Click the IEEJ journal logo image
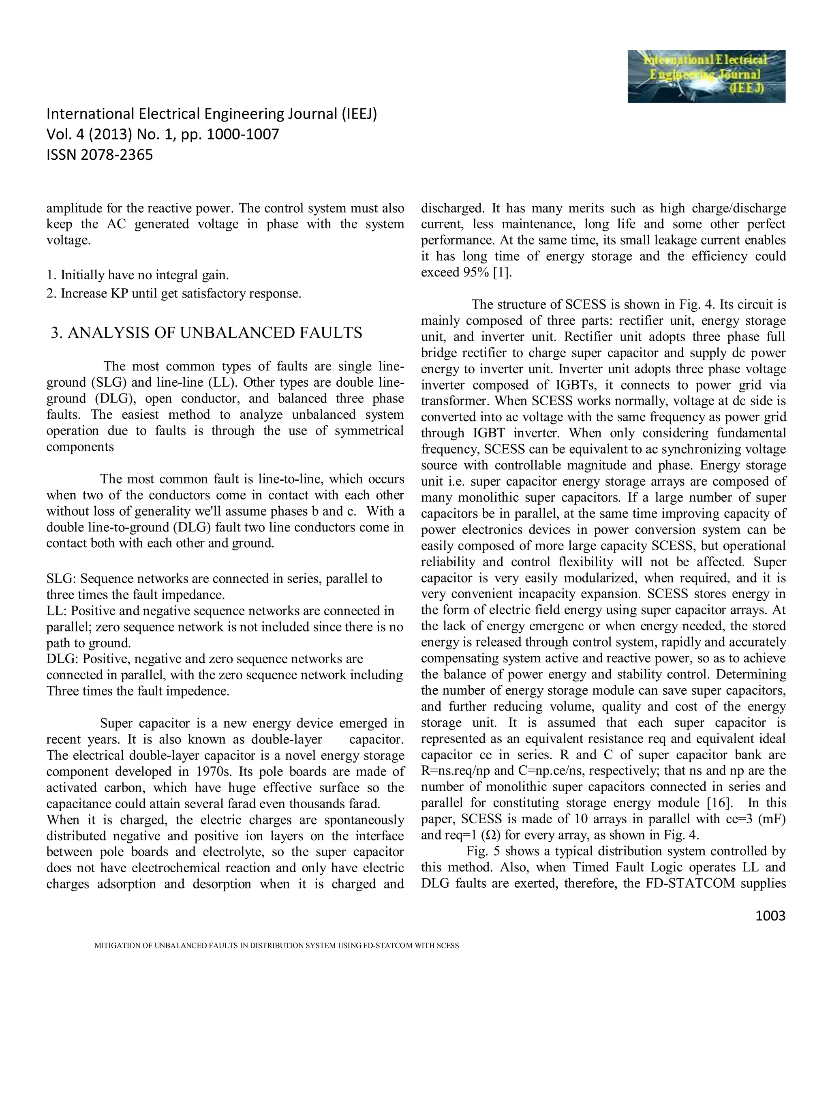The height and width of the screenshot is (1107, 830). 706,76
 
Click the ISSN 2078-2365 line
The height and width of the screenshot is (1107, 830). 100,155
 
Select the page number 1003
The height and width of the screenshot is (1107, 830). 770,916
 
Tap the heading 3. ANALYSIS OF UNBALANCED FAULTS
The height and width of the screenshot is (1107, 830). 207,333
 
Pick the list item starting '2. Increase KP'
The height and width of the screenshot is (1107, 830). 173,293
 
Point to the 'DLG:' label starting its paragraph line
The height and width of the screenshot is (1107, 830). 62,659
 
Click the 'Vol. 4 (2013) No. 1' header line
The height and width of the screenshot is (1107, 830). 163,135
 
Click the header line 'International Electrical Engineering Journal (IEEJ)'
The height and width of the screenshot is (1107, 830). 212,114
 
